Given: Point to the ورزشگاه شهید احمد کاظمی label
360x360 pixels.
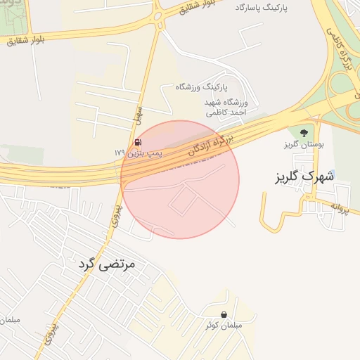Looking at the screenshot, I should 224,108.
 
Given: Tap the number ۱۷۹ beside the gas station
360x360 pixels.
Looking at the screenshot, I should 119,152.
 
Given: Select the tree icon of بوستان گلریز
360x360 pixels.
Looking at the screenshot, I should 304,132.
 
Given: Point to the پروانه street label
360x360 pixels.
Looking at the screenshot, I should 340,208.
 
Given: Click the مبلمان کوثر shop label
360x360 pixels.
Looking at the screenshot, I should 224,326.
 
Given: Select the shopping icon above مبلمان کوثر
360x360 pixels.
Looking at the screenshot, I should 224,314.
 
